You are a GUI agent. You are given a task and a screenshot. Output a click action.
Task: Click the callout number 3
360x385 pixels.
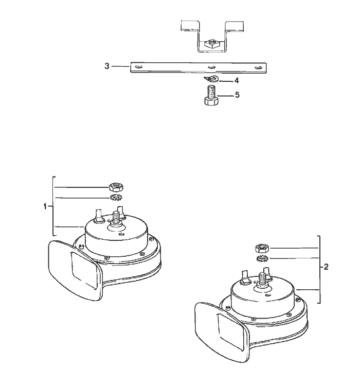tap(107, 66)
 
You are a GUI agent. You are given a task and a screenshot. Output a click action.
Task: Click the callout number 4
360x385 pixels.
tap(237, 80)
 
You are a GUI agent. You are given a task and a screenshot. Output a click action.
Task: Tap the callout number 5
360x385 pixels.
tap(237, 95)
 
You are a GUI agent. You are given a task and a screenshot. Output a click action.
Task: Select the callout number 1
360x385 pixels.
tap(45, 206)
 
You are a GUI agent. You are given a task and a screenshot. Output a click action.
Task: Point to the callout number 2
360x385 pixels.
tap(326, 267)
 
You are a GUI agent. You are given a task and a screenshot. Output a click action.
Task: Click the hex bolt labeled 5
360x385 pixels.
tap(211, 95)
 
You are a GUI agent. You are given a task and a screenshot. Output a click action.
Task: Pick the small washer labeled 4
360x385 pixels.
tap(211, 79)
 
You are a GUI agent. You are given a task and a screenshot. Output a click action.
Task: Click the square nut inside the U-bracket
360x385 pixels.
tap(211, 44)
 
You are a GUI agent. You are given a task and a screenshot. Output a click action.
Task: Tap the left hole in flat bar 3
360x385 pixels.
tap(139, 67)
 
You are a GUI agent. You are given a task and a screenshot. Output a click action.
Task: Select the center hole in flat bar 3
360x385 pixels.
tap(212, 67)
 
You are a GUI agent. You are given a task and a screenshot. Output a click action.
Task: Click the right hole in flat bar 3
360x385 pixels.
tap(258, 67)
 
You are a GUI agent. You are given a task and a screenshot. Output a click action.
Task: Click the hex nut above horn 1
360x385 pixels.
tap(116, 187)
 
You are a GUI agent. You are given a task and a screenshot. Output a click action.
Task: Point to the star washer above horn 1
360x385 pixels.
tap(116, 197)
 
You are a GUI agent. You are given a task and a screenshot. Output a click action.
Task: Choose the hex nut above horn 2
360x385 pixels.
tap(262, 248)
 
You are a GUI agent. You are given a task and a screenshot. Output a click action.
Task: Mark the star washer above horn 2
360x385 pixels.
tap(262, 258)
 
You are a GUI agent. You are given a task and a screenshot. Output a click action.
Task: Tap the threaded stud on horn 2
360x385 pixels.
tap(262, 279)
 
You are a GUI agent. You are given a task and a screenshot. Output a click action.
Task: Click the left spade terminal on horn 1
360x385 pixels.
tap(98, 216)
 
